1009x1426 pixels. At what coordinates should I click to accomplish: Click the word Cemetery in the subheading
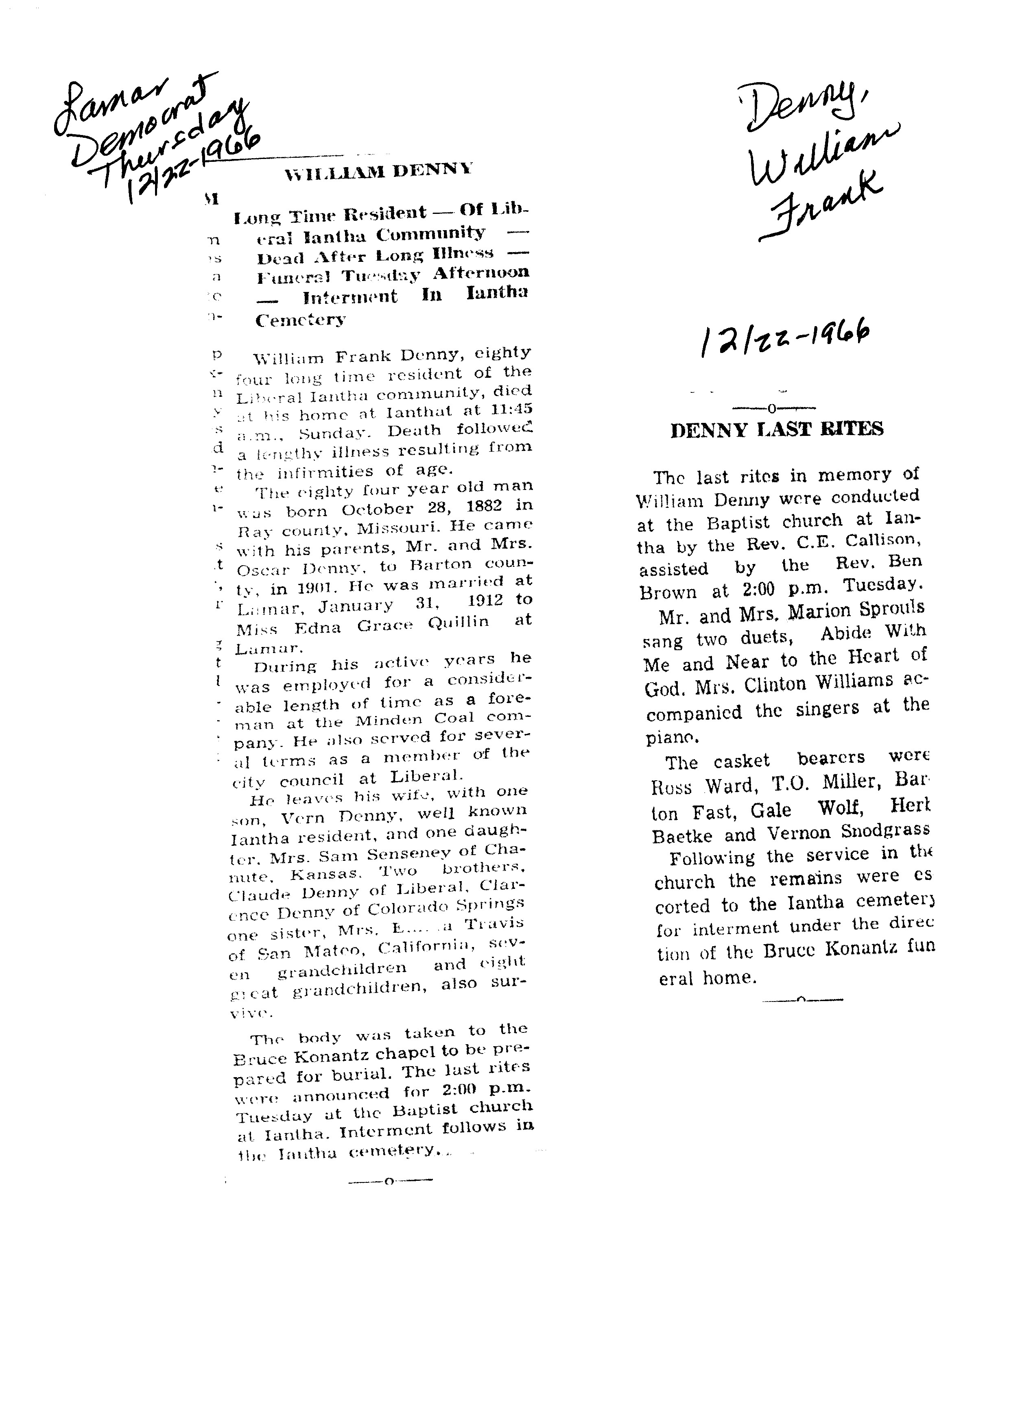coord(300,320)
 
